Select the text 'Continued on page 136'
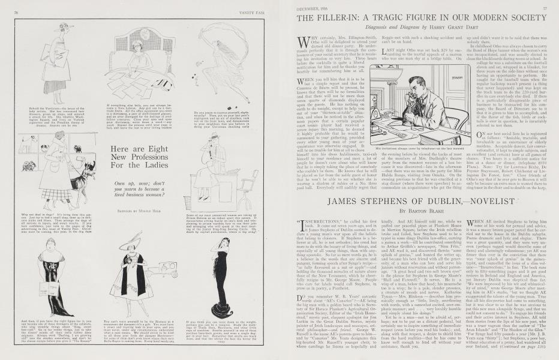click(x=524, y=346)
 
